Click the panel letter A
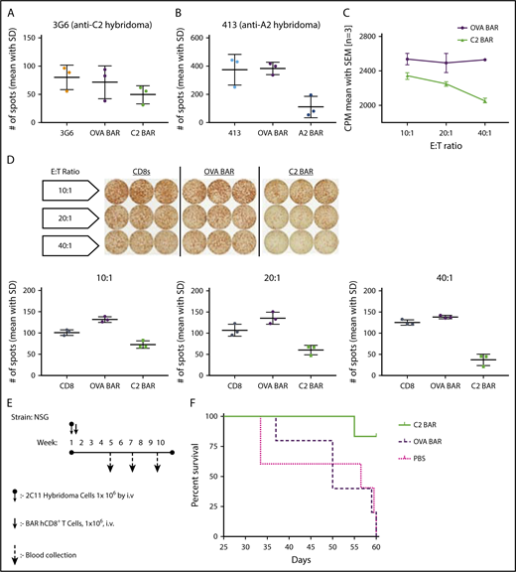coord(8,12)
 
